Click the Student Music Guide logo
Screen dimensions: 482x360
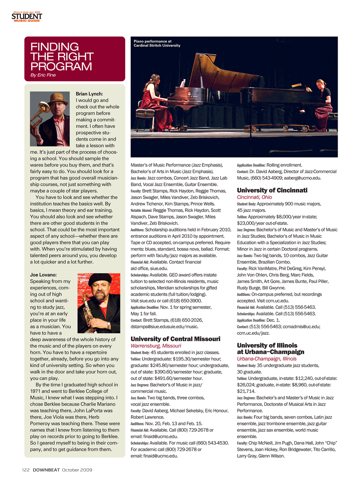(x=27, y=17)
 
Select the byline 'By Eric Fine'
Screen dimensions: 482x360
(x=43, y=75)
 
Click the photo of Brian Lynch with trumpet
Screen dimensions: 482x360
(x=50, y=119)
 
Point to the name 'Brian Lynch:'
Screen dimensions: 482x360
(x=89, y=94)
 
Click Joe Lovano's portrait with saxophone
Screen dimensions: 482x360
(x=99, y=303)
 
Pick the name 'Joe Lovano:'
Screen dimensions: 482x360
(x=43, y=275)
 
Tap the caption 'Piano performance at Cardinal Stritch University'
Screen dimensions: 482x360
(x=157, y=43)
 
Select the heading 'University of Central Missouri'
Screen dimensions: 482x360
(x=175, y=339)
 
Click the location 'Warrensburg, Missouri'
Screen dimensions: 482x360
(x=156, y=346)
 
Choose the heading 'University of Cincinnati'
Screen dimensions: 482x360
(x=272, y=190)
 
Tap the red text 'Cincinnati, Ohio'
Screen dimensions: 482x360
(x=254, y=197)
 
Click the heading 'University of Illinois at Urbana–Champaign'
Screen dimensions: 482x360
(x=270, y=349)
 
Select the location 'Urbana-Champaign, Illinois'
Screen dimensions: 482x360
(x=266, y=359)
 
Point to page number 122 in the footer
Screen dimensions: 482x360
(x=26, y=470)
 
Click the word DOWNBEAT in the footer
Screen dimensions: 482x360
(x=46, y=470)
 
